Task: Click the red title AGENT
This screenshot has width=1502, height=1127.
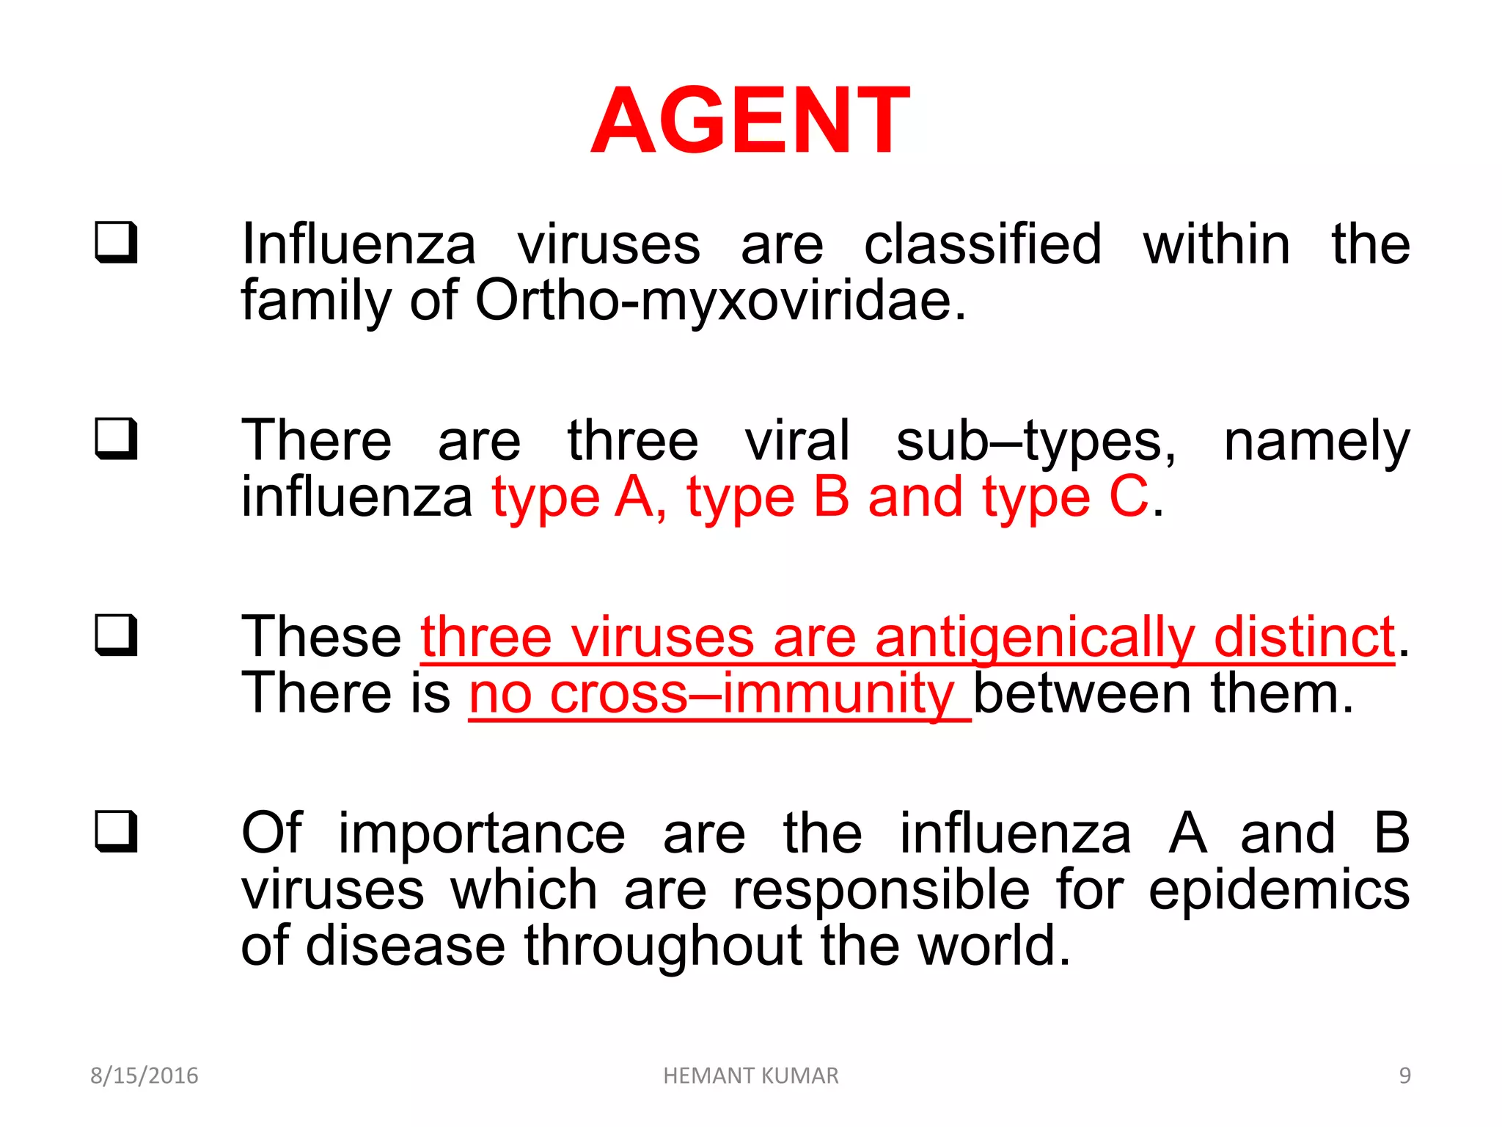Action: [x=750, y=121]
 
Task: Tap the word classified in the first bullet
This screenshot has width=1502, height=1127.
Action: [x=983, y=244]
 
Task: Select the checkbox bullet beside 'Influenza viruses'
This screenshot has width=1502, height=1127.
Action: [x=116, y=241]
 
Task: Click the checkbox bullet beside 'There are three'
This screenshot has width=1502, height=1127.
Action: [x=116, y=438]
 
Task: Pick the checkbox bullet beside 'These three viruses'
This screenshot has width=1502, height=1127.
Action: [x=116, y=635]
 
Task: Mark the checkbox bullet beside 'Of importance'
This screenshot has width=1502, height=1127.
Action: [x=116, y=831]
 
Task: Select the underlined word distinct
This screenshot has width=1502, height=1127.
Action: [x=1304, y=637]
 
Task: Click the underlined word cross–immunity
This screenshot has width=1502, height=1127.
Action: [x=751, y=693]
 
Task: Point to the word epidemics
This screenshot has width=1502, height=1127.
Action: [x=1278, y=891]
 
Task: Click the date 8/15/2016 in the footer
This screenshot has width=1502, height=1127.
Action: [x=144, y=1076]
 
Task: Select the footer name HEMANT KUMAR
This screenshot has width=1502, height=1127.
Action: [x=750, y=1076]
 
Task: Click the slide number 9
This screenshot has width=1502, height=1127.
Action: [x=1404, y=1076]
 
